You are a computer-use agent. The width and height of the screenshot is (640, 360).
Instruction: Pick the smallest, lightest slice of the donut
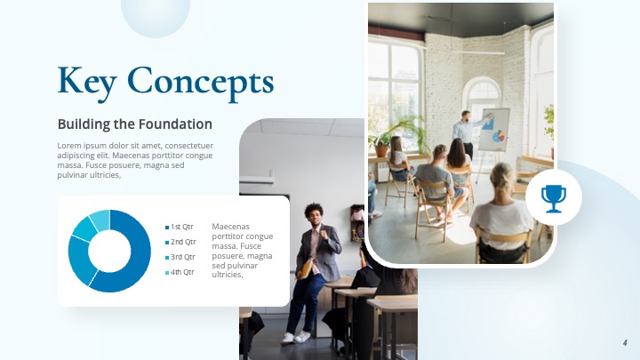[100, 219]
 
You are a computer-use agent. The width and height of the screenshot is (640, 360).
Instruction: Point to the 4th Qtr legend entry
[182, 272]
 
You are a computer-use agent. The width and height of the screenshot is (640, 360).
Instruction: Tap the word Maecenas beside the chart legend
[231, 227]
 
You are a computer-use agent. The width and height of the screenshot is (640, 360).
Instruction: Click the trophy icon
[553, 199]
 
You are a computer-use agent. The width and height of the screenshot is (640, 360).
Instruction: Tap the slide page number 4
[625, 342]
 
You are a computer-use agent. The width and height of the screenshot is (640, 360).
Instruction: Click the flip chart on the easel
[493, 130]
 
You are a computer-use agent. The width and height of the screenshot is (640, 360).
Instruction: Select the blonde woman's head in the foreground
[503, 177]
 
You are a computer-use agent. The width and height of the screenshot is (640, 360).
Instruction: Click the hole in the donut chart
[109, 251]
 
